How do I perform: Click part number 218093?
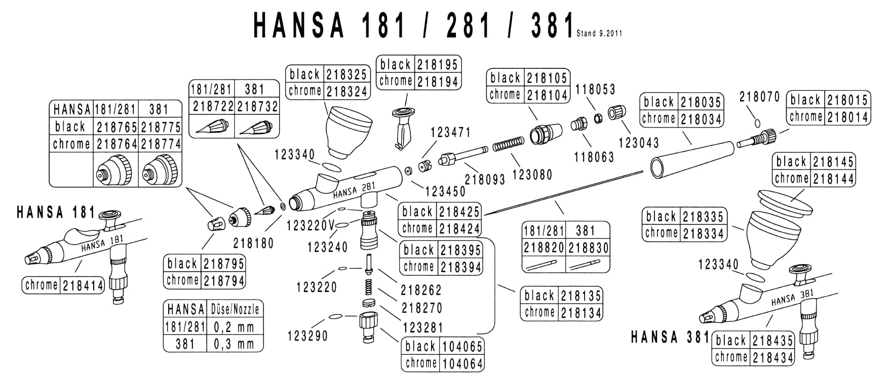pos(485,179)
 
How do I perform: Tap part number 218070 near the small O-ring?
pos(759,97)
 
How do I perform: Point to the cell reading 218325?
pos(346,75)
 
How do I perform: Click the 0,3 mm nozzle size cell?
pos(234,344)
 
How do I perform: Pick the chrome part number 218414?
pos(83,286)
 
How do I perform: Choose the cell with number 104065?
pos(462,347)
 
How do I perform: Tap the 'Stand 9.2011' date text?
pos(599,34)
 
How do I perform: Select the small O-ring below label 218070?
pos(757,122)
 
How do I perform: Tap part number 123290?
pos(307,336)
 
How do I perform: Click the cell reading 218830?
pos(588,248)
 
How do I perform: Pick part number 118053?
pos(595,90)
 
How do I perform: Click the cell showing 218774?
pos(161,144)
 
